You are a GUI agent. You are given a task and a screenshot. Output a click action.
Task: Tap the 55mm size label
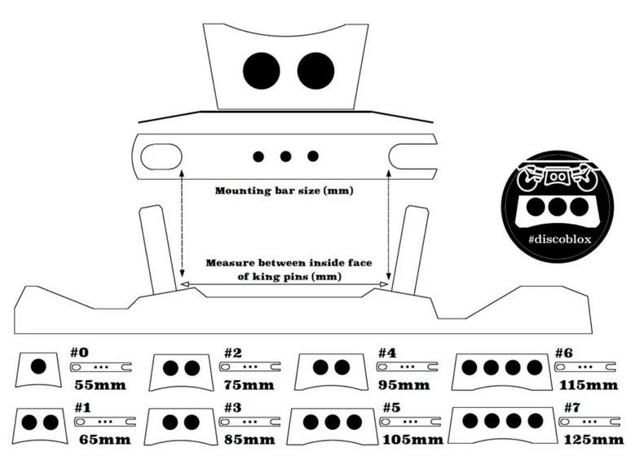coord(99,384)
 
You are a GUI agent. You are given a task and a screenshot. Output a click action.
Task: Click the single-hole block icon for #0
coord(37,367)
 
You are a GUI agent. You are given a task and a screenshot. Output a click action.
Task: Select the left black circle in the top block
coord(262,71)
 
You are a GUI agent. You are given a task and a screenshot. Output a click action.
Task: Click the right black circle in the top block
coord(315,71)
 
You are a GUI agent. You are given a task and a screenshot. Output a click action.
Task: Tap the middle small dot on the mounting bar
coord(285,156)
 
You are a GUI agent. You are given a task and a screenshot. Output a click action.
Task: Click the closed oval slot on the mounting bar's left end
coord(162,155)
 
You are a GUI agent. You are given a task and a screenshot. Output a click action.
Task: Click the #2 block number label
coord(235,353)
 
